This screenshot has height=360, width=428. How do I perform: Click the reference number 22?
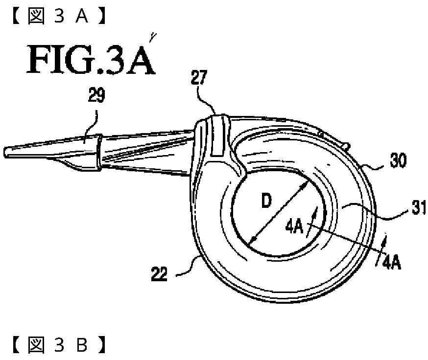click(x=160, y=274)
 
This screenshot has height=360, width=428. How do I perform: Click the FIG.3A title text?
click(x=92, y=60)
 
